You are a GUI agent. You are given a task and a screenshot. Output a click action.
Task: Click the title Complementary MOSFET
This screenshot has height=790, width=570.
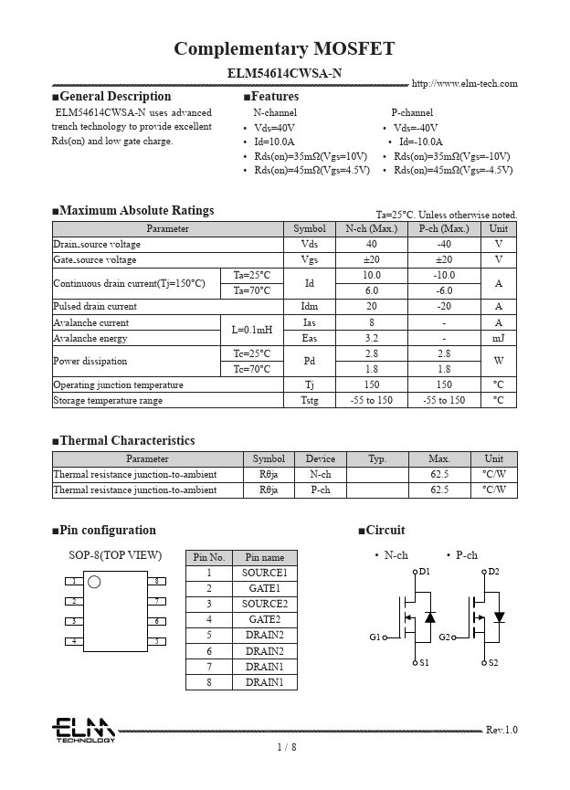tap(284, 48)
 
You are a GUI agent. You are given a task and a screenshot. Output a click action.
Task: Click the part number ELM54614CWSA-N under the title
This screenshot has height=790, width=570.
tap(285, 72)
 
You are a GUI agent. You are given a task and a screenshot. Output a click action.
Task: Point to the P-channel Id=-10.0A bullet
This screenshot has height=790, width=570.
tap(419, 142)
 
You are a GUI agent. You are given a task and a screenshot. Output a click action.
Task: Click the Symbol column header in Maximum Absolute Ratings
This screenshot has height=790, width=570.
tap(309, 228)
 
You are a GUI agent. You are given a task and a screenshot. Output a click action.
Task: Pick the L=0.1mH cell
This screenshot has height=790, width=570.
tap(251, 330)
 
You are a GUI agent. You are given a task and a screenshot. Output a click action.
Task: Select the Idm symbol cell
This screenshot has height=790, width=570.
tap(309, 307)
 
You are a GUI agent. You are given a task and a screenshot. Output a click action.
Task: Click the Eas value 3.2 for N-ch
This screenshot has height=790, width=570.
tap(371, 338)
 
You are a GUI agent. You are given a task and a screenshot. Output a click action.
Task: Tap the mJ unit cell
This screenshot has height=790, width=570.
tap(498, 338)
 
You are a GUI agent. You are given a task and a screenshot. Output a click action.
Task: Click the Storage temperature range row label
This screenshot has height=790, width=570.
tap(108, 400)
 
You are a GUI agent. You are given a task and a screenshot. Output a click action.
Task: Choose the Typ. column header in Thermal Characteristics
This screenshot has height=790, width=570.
tap(377, 458)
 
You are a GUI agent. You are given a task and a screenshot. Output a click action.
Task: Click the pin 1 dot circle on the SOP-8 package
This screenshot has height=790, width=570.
tap(94, 582)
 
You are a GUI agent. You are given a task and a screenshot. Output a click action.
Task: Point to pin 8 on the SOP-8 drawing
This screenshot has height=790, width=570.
tap(157, 581)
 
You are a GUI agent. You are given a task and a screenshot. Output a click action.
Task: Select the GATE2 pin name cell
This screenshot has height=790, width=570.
tap(264, 619)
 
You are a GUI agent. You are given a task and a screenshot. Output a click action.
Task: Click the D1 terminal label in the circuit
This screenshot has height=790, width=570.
tap(424, 572)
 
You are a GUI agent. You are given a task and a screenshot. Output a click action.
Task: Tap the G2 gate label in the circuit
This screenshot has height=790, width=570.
tap(444, 637)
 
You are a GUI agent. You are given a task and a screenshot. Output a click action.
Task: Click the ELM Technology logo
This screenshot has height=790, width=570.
tap(82, 730)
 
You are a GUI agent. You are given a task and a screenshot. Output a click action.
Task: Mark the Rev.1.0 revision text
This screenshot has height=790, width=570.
tap(501, 730)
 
